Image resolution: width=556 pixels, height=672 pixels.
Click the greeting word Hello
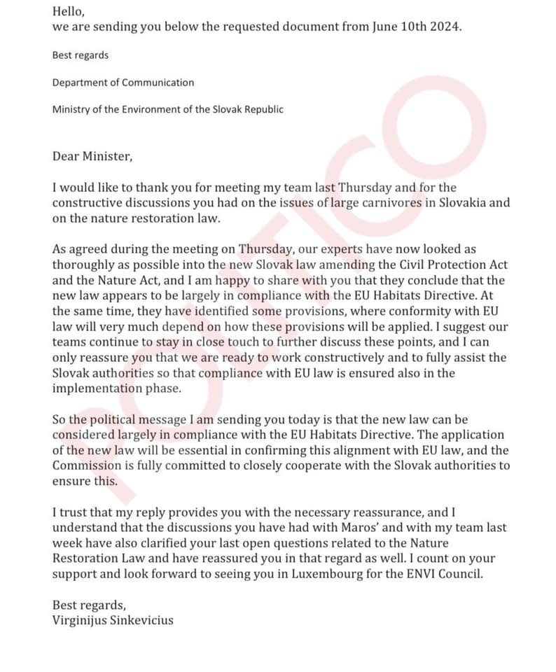pos(69,11)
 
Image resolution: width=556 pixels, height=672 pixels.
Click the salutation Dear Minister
pos(92,156)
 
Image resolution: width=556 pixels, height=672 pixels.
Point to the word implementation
pos(96,388)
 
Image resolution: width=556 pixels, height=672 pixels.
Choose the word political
pos(128,420)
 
